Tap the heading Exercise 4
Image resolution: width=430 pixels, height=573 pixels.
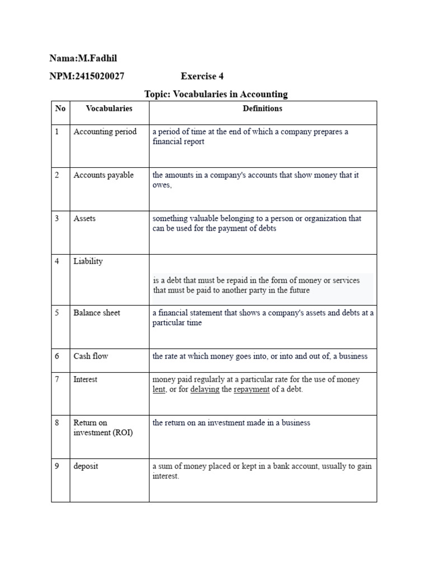point(202,76)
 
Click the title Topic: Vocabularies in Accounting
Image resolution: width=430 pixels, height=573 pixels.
point(216,94)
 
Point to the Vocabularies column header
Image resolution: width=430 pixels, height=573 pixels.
point(109,109)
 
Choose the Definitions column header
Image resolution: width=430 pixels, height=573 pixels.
point(263,109)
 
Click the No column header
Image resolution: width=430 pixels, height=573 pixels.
point(60,109)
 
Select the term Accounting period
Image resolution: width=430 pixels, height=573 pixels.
point(105,132)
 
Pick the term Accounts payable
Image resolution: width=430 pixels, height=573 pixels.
point(104,175)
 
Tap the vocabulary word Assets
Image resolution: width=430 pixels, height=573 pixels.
point(85,219)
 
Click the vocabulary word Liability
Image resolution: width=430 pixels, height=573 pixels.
point(88,261)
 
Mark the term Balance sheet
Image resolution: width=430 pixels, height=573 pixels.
point(97,313)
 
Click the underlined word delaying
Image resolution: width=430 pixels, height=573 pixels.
point(205,389)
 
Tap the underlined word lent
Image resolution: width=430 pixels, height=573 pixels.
point(159,389)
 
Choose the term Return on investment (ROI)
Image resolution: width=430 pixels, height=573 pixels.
point(103,428)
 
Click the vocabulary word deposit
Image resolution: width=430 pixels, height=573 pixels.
point(86,466)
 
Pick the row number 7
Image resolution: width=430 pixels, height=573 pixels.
point(57,379)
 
